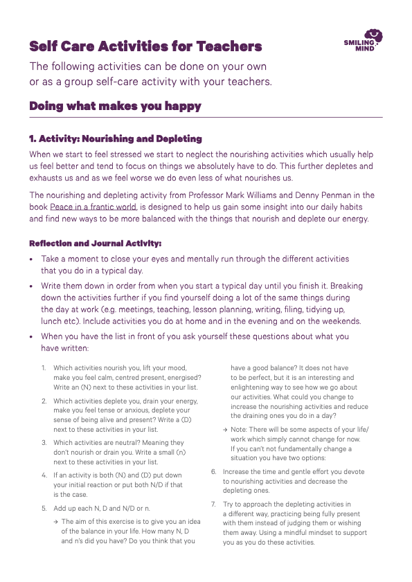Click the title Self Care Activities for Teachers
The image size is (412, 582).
click(145, 47)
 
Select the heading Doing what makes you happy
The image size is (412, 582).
click(115, 106)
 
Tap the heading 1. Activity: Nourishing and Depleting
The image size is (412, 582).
click(116, 139)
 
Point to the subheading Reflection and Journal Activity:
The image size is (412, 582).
click(95, 244)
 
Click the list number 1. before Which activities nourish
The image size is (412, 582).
click(43, 368)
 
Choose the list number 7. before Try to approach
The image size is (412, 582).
click(214, 504)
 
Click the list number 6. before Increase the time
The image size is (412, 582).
click(214, 472)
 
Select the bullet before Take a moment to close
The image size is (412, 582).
click(31, 259)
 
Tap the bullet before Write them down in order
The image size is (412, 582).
click(31, 286)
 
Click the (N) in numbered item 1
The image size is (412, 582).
click(89, 388)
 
